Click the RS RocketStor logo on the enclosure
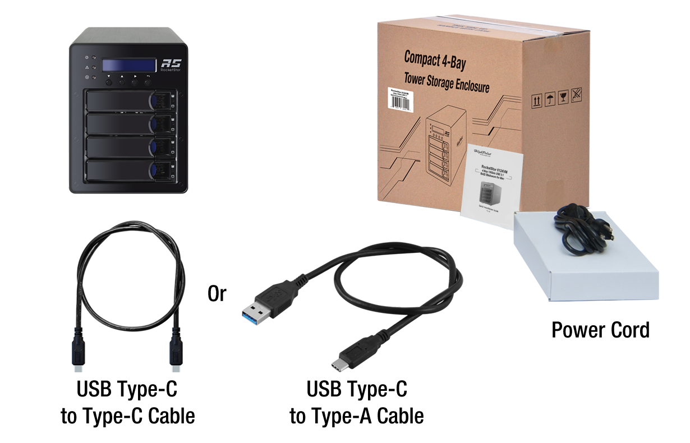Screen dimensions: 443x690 167,65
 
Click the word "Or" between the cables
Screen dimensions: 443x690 217,294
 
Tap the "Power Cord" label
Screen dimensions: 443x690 600,330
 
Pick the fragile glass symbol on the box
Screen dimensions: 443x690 563,98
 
